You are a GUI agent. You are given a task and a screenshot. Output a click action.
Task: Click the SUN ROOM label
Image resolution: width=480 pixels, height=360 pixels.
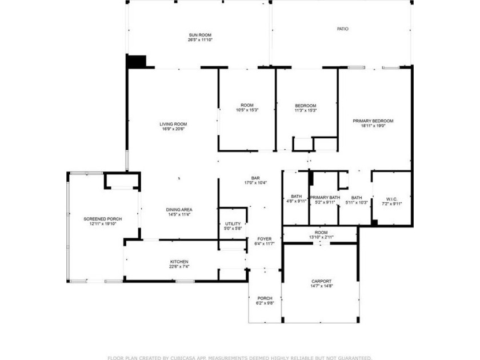pos(200,35)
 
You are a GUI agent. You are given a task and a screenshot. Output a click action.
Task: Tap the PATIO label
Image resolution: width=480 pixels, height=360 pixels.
pos(342,29)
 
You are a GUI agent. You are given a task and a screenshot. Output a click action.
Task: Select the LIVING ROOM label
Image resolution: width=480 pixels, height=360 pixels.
pos(173,124)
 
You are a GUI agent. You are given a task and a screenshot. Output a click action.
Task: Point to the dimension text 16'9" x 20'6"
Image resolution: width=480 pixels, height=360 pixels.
pos(173,129)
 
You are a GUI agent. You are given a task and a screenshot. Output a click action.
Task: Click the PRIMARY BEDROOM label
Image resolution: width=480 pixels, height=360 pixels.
pos(373,121)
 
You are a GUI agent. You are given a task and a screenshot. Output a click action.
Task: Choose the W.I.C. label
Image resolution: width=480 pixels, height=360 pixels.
pos(391,199)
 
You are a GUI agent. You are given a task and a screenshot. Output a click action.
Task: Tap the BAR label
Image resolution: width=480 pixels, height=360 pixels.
pos(255,178)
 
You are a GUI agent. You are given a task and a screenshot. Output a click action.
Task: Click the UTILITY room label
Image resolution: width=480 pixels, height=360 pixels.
pos(233,224)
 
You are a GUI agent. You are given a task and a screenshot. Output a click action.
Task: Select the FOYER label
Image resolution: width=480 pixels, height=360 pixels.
pos(265,239)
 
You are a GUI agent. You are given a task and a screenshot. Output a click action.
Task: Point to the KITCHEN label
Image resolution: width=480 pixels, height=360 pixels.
pos(179,262)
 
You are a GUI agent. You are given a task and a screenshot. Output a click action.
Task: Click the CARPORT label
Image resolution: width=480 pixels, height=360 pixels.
pos(321,281)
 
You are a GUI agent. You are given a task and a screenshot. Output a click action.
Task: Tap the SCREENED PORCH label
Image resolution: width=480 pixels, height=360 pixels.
pos(102,219)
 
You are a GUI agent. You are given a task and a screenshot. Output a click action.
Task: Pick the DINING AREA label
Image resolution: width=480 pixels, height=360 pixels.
pos(179,210)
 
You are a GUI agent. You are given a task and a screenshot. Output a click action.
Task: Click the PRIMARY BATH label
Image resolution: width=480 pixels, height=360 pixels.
pos(325,198)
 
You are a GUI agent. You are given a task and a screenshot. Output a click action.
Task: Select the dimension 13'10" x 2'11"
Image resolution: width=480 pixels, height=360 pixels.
pos(321,237)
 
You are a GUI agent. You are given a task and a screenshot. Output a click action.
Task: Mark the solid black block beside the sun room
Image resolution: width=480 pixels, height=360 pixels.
pos(136,62)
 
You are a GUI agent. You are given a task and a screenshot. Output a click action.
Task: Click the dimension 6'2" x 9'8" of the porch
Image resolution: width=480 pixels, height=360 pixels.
pos(265,303)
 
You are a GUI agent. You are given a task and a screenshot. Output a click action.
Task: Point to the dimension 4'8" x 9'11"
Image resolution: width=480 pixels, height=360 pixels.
pos(297,201)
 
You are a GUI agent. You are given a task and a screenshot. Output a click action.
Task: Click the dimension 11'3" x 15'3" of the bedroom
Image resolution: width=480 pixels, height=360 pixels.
pos(306,110)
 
